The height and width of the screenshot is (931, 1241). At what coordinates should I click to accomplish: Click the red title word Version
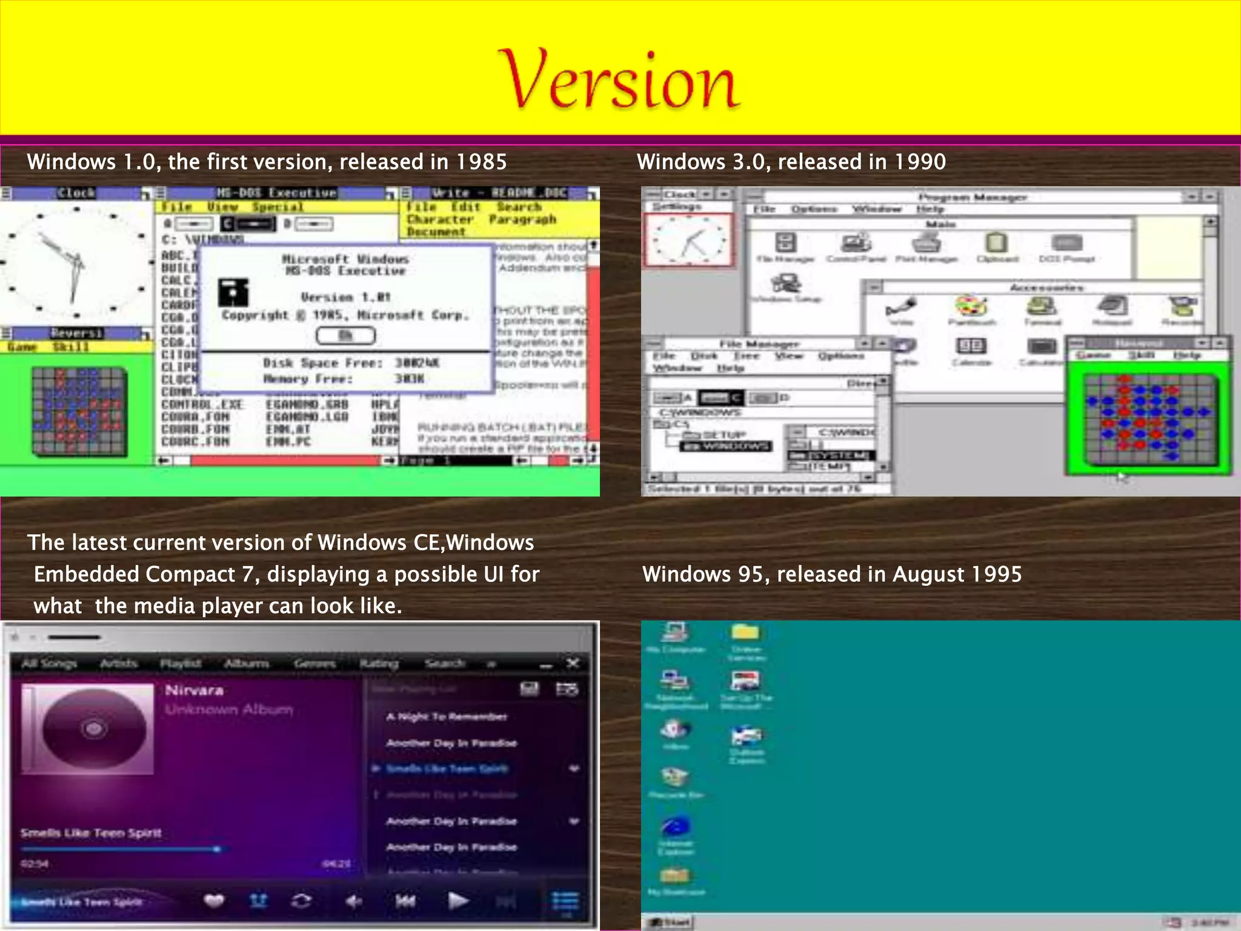point(618,81)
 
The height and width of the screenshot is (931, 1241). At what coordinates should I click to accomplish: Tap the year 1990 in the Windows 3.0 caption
point(920,162)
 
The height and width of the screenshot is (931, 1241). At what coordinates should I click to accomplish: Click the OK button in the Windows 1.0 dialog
point(345,335)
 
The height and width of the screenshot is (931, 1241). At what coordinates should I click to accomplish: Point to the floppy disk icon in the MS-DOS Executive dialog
point(233,292)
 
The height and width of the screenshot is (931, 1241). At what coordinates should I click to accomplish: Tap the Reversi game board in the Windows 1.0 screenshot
point(79,410)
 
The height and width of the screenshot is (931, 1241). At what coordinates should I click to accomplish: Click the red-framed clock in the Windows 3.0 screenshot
point(688,240)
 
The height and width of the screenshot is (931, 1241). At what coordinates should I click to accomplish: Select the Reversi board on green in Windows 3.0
point(1148,419)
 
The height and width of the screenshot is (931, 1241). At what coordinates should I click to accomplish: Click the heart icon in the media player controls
point(213,901)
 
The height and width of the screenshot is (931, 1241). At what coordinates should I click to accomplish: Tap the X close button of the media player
point(573,663)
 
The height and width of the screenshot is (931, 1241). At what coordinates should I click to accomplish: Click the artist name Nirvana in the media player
point(195,690)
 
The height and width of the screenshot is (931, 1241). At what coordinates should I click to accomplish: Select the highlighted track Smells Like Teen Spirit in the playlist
point(447,769)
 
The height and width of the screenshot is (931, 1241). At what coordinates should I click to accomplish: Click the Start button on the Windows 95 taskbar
point(670,923)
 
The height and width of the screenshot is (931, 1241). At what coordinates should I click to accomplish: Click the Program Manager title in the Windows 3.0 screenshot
point(972,198)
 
